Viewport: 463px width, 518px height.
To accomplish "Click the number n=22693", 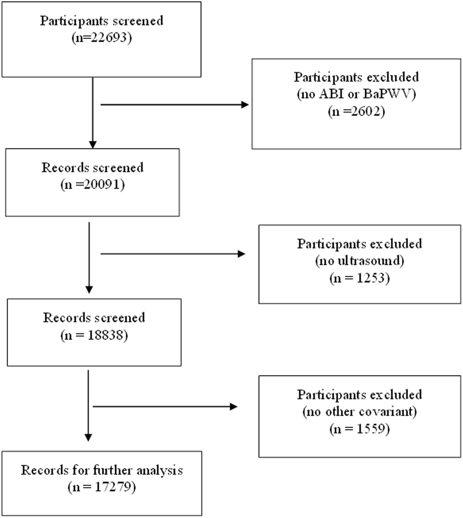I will [x=101, y=38].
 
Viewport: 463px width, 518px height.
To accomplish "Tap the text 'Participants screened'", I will [x=101, y=21].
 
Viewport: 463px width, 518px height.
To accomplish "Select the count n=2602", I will [x=356, y=111].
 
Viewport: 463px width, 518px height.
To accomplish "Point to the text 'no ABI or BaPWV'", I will [x=356, y=94].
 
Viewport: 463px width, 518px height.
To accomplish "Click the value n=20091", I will [x=93, y=184].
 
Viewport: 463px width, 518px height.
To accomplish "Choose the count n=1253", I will [x=359, y=278].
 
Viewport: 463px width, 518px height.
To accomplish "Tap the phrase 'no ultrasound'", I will [x=359, y=261].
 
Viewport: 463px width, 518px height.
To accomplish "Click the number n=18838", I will [x=94, y=335].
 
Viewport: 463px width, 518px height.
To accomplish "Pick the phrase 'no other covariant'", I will [x=359, y=412].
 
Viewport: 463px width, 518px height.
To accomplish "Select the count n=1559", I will [x=359, y=429].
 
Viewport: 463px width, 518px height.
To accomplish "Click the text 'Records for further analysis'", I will [x=102, y=470].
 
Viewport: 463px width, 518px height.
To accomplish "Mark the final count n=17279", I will [x=102, y=487].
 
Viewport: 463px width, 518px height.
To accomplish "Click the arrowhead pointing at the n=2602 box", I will [x=245, y=105].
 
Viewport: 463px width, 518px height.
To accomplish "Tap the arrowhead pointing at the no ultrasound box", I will [x=242, y=254].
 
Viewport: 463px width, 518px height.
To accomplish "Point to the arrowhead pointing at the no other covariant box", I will [x=234, y=407].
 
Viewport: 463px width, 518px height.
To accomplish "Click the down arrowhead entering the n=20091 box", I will [x=93, y=145].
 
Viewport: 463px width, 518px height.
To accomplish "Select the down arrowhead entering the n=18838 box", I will [x=89, y=289].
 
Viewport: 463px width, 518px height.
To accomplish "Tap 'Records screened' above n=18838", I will [x=94, y=318].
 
